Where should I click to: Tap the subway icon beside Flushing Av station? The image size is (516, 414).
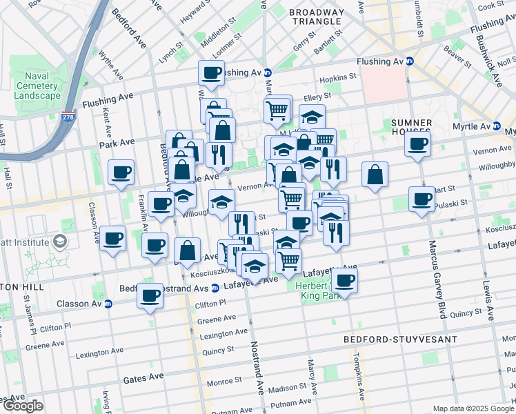[408, 61]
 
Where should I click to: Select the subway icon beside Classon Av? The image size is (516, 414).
[108, 304]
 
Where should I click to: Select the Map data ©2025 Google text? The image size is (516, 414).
[473, 408]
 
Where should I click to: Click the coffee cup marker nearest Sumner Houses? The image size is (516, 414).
[417, 145]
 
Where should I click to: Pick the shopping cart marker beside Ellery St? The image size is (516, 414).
[277, 108]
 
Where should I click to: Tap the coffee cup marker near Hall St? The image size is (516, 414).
[121, 172]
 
